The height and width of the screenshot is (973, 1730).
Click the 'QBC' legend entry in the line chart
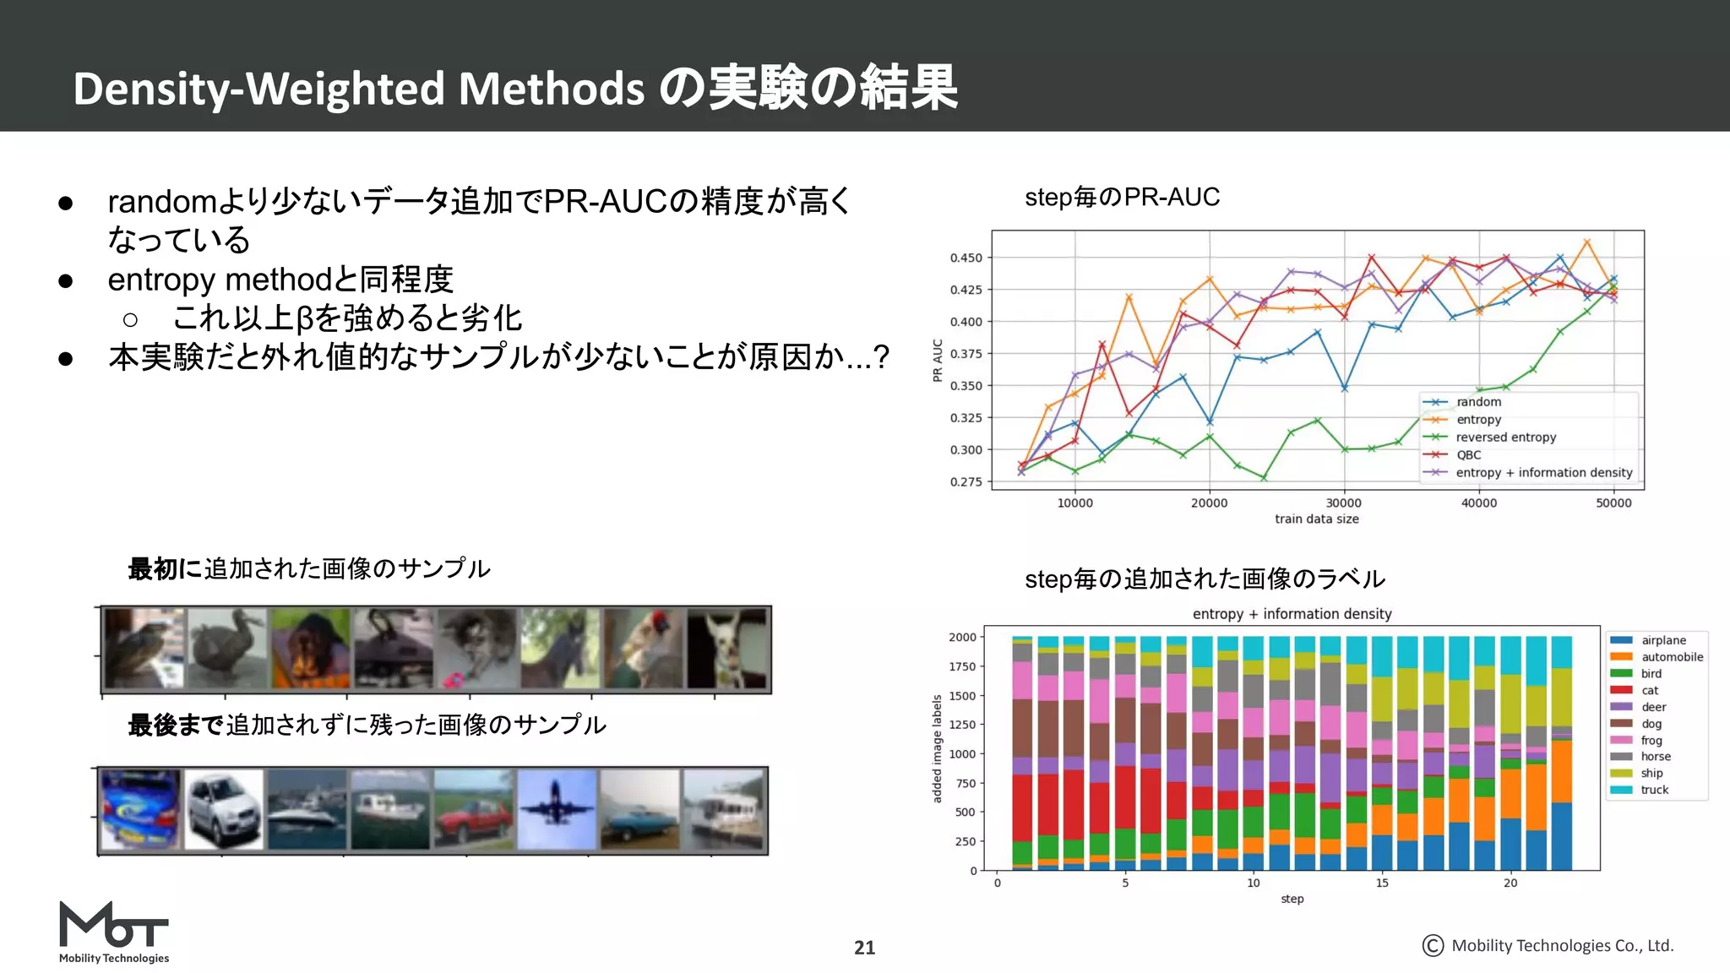point(1468,454)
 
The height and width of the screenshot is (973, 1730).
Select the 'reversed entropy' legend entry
point(1505,437)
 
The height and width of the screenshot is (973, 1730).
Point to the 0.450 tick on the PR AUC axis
point(966,258)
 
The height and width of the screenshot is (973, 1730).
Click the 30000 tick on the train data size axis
point(1343,503)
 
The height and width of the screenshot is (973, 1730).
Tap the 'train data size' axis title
point(1316,519)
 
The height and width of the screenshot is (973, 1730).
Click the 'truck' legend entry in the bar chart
point(1654,790)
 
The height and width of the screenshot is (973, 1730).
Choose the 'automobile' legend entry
point(1672,656)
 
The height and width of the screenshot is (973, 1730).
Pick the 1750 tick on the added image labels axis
point(961,666)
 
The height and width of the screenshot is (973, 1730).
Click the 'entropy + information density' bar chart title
point(1292,614)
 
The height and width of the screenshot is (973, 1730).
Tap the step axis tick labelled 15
point(1382,883)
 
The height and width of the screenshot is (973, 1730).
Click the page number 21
point(864,948)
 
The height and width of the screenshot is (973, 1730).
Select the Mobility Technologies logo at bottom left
point(114,932)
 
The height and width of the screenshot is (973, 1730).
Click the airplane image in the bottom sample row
point(556,808)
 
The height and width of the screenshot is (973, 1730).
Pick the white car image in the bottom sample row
point(224,809)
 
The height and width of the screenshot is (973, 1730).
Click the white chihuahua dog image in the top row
point(726,649)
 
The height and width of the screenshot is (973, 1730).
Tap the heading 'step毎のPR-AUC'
point(1122,198)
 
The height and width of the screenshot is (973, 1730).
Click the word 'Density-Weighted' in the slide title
point(258,89)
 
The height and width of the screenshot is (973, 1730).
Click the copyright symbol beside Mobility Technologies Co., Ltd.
point(1433,945)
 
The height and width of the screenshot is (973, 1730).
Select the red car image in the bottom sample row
point(473,809)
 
